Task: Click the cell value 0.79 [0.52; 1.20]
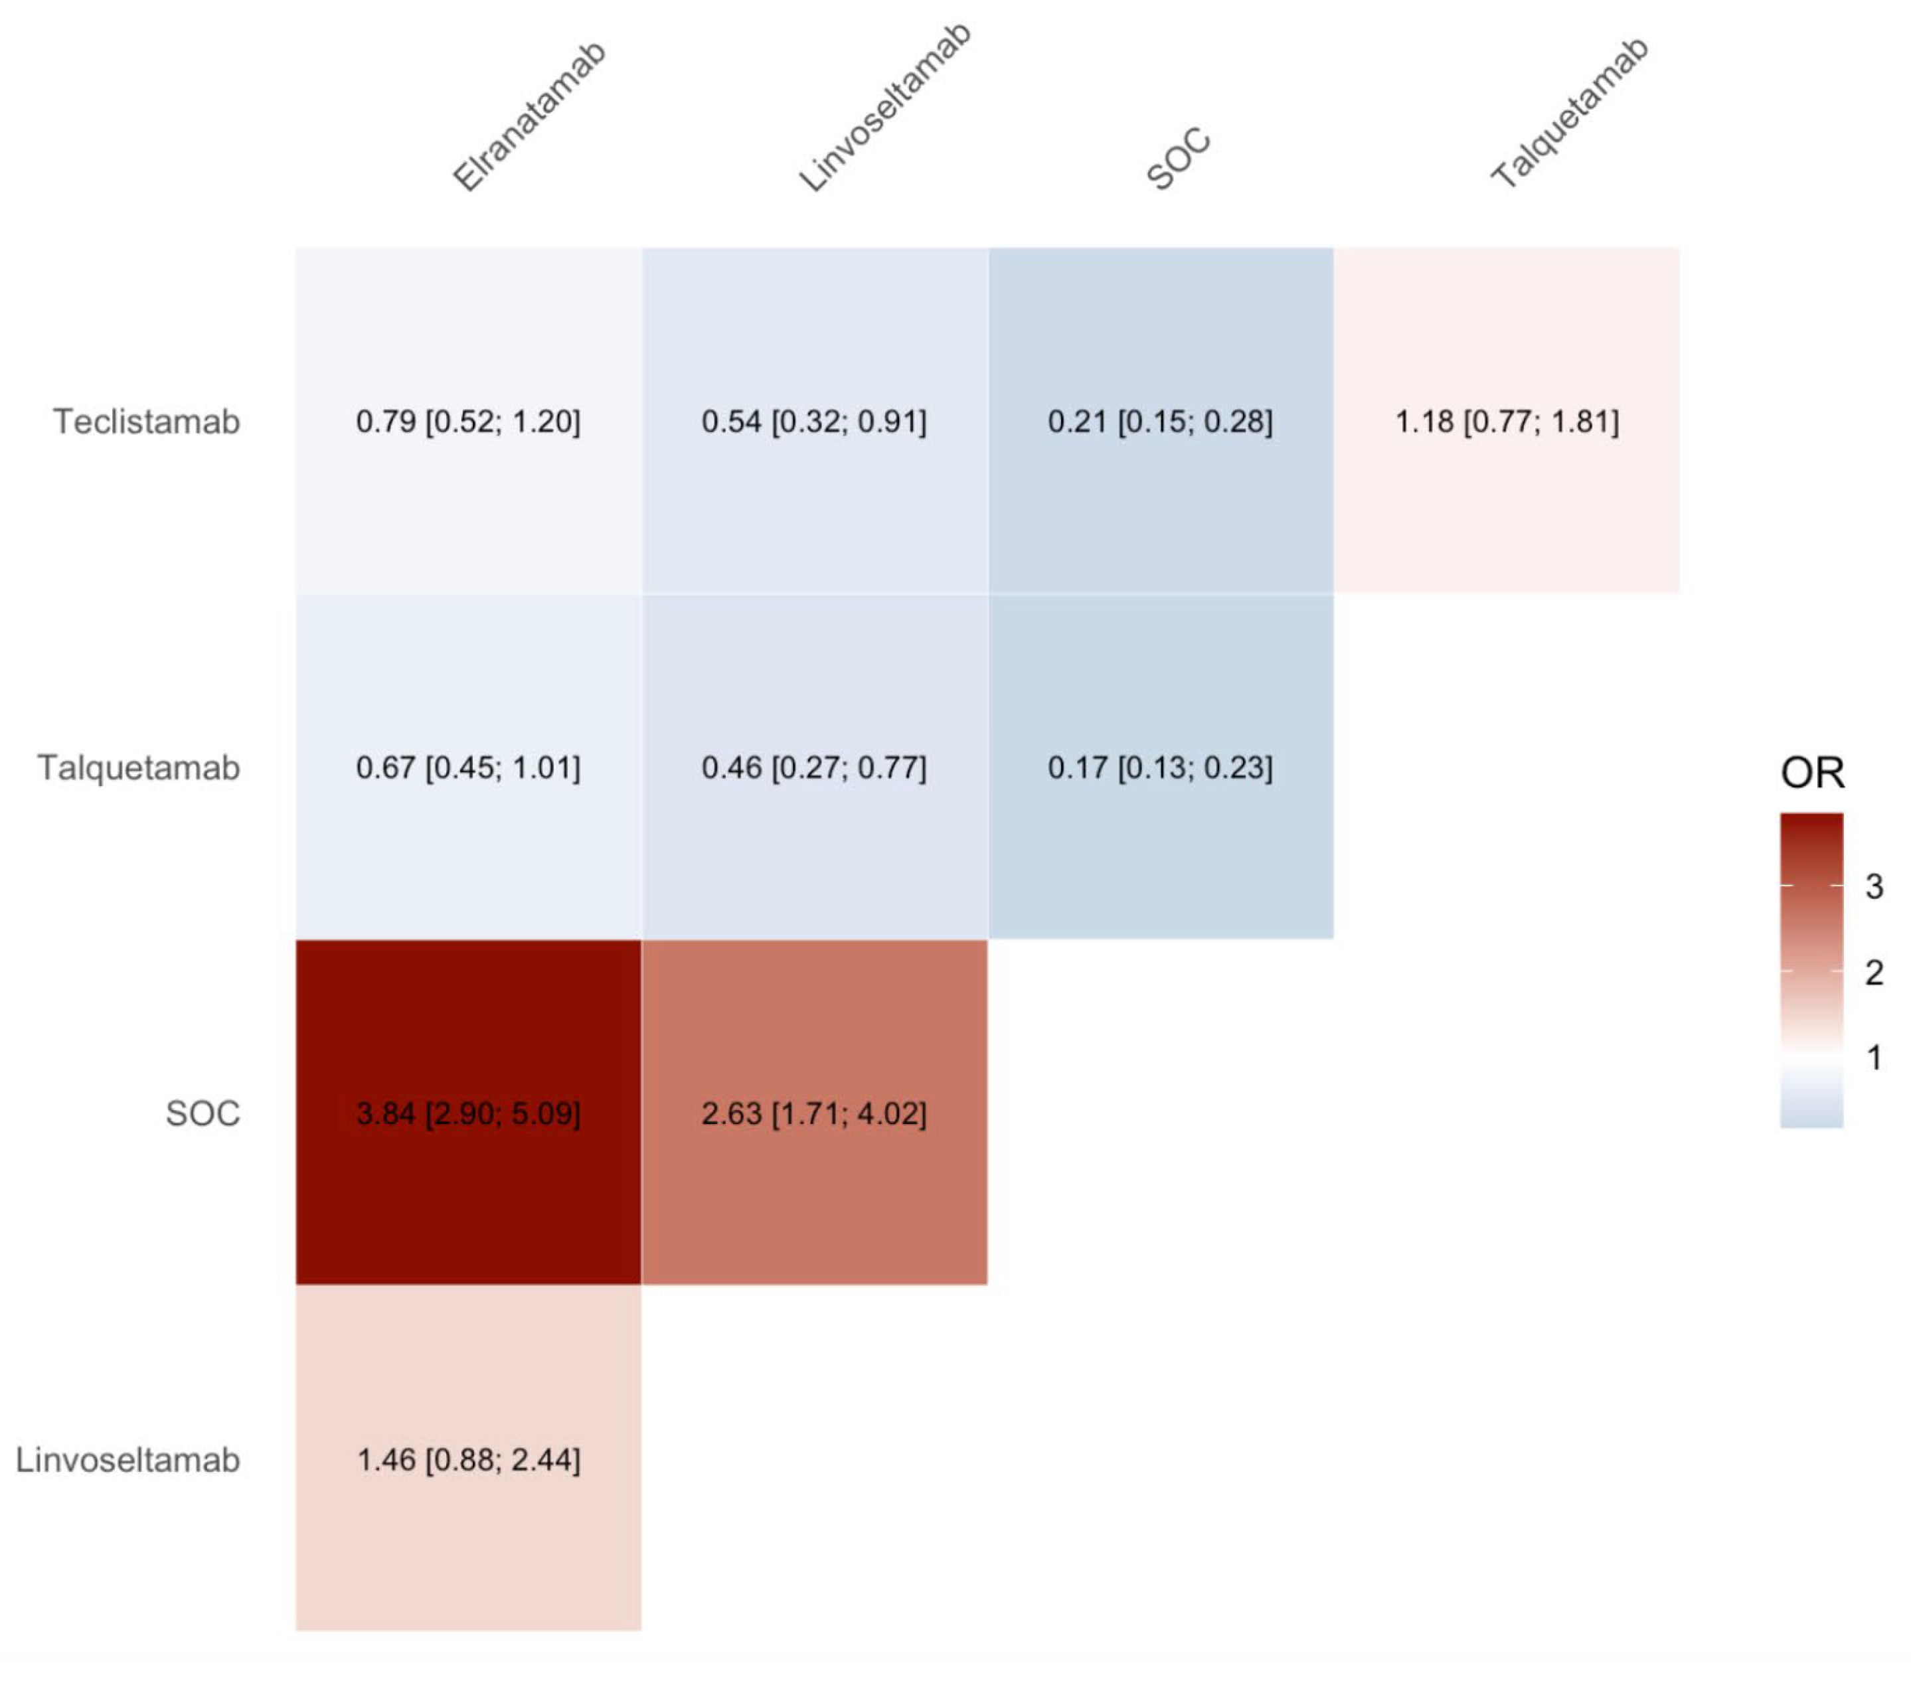pyautogui.click(x=468, y=422)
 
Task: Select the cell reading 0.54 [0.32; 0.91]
pyautogui.click(x=814, y=422)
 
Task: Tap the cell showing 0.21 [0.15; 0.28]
pyautogui.click(x=1160, y=422)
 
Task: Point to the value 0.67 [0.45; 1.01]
pyautogui.click(x=468, y=767)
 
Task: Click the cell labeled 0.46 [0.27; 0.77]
pyautogui.click(x=814, y=767)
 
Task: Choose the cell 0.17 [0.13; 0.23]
pyautogui.click(x=1160, y=767)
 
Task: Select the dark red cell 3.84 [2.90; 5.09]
pyautogui.click(x=468, y=1113)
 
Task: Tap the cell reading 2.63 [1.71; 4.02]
pyautogui.click(x=814, y=1113)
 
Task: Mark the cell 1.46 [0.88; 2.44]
pyautogui.click(x=468, y=1459)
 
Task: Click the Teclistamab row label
pyautogui.click(x=147, y=422)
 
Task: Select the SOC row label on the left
pyautogui.click(x=203, y=1113)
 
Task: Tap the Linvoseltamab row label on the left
pyautogui.click(x=128, y=1459)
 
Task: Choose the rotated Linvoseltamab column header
pyautogui.click(x=885, y=108)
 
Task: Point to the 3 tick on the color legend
pyautogui.click(x=1874, y=887)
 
